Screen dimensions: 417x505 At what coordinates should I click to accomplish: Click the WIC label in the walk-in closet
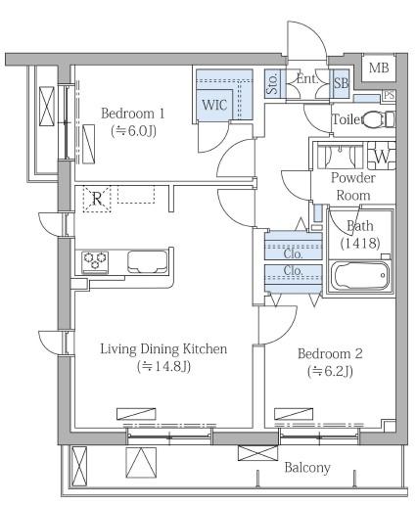coord(214,105)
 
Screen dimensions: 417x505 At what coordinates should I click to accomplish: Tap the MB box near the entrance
coord(379,68)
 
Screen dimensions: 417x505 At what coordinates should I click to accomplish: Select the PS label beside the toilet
coord(389,95)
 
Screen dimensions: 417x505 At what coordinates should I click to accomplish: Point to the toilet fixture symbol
coord(379,119)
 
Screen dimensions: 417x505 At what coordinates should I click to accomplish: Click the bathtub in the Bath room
coord(360,275)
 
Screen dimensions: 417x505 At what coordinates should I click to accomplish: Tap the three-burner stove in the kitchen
coord(95,261)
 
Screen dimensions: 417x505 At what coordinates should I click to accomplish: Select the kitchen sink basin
coord(147,261)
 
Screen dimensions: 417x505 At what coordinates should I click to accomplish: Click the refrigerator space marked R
coord(97,199)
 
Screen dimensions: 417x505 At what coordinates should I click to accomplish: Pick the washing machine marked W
coord(382,156)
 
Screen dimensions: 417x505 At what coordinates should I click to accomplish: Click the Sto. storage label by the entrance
coord(272,83)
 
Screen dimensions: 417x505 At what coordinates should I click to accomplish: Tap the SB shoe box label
coord(341,83)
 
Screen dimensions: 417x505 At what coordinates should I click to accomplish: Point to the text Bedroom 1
coord(133,114)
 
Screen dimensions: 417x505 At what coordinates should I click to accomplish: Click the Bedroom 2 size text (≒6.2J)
coord(330,371)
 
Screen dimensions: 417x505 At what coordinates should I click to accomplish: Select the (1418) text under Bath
coord(360,243)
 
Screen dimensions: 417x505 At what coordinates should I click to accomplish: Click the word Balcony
coord(307,468)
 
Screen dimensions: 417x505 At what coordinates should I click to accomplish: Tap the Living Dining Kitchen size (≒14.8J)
coord(163,367)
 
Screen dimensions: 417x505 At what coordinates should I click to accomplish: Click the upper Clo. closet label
coord(293,253)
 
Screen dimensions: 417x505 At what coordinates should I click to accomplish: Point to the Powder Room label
coord(353,186)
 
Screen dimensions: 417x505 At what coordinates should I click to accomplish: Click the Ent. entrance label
coord(307,78)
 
